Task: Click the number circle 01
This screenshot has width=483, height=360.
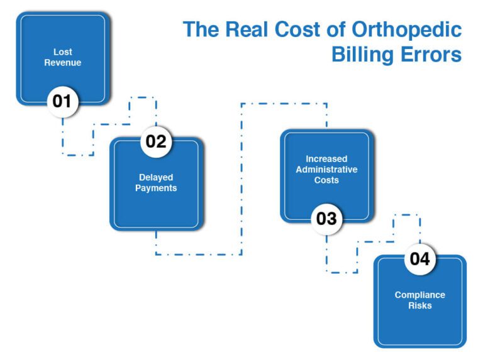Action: [x=62, y=101]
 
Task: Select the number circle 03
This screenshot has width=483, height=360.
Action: [x=326, y=219]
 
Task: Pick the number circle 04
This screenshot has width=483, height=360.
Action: [x=419, y=259]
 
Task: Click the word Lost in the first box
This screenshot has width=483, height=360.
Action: [x=63, y=52]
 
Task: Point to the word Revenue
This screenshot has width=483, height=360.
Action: [x=63, y=63]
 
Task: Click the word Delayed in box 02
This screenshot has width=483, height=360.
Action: [x=156, y=177]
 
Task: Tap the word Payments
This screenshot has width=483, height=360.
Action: [x=156, y=188]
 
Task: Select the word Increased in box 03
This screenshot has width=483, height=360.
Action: [x=326, y=159]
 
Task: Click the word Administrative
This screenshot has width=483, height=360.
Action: [x=326, y=170]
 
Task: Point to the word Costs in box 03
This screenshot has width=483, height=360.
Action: [x=326, y=180]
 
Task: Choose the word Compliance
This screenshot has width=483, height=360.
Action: [x=419, y=295]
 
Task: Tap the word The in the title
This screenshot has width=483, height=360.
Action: [x=201, y=30]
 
